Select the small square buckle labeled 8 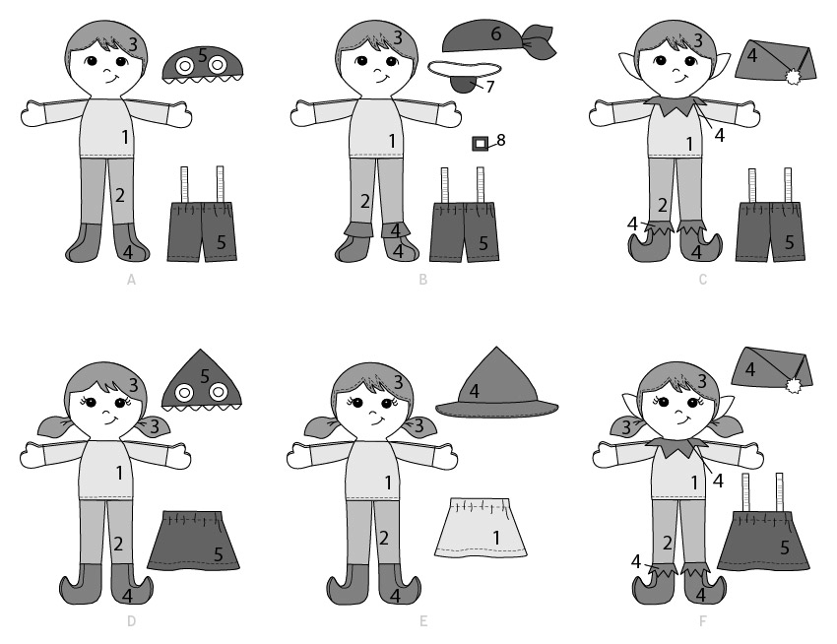tap(480, 144)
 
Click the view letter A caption tap(131, 280)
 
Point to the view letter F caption tap(703, 621)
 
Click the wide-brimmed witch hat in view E tap(496, 387)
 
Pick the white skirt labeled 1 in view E tap(481, 528)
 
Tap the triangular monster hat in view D tap(201, 382)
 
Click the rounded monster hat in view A tap(202, 65)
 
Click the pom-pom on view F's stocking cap tap(791, 384)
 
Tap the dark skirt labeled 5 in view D tap(193, 541)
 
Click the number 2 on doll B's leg tap(365, 201)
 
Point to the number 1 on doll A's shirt tap(125, 137)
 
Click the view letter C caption tap(702, 280)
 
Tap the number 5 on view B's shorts tap(483, 243)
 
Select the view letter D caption tap(131, 621)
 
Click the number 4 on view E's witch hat tap(474, 391)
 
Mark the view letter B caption tap(422, 280)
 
